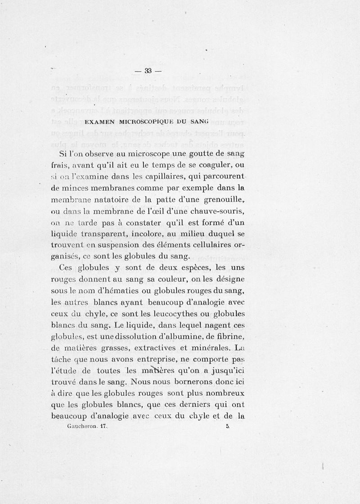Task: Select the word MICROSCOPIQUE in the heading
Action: pos(147,121)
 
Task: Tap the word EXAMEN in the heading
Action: pos(99,121)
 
